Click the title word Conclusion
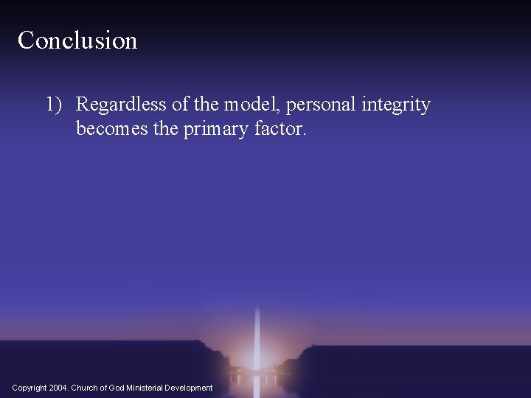pyautogui.click(x=77, y=41)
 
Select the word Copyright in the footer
pyautogui.click(x=30, y=388)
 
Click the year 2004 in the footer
pyautogui.click(x=59, y=388)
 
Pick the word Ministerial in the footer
pyautogui.click(x=146, y=388)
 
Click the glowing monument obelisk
pyautogui.click(x=256, y=339)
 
